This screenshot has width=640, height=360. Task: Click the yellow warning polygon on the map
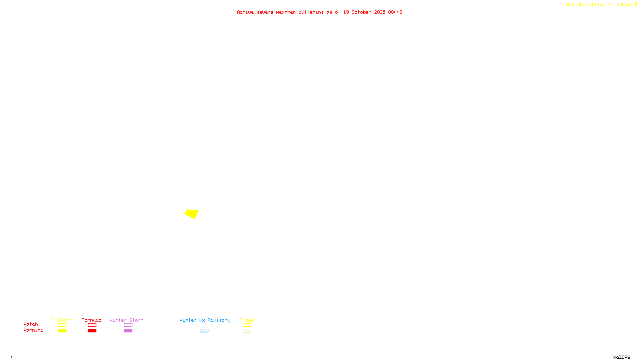[192, 214]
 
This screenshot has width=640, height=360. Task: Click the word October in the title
[361, 12]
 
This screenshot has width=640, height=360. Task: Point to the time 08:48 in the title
[395, 12]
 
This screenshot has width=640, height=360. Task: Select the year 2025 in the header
[380, 12]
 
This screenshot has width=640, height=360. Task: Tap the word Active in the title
[245, 12]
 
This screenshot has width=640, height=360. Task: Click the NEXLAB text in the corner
[574, 4]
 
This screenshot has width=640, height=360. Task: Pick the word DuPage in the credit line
[624, 4]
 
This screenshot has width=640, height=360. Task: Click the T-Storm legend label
[62, 320]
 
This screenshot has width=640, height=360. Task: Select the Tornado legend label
[92, 320]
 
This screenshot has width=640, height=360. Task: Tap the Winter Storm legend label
[126, 320]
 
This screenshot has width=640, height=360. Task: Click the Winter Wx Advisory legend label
[205, 320]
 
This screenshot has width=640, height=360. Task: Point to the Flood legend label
[247, 320]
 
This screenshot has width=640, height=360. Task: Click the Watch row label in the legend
[31, 324]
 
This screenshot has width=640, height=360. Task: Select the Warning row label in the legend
[33, 330]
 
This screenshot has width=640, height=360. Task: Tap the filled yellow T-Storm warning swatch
[62, 331]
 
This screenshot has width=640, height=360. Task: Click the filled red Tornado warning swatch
[92, 331]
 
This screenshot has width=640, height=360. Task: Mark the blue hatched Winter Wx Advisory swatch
[204, 331]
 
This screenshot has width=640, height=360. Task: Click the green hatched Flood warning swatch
[247, 331]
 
